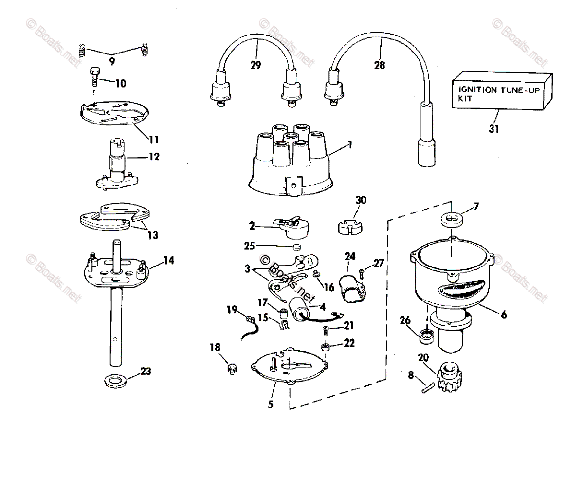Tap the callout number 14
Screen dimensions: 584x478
pos(168,261)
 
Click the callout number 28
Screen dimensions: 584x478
pos(379,65)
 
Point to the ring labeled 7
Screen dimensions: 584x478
pos(451,220)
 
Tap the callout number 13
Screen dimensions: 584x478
pos(153,235)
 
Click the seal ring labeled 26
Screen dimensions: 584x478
pos(426,335)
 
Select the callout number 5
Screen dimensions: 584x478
pos(271,404)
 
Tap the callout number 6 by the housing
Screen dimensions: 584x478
pos(503,315)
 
